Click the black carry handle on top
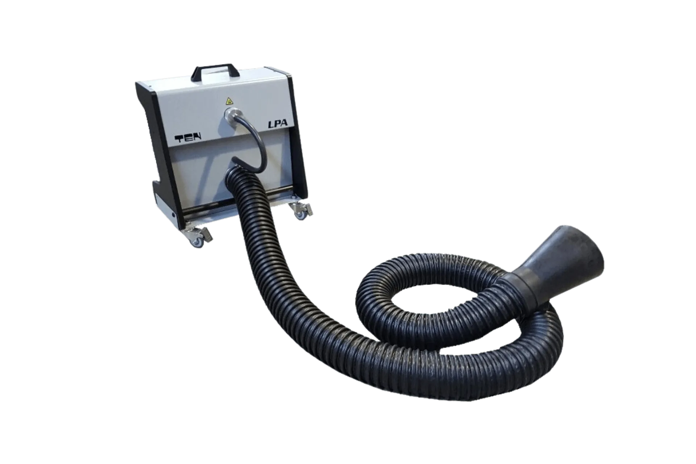216,69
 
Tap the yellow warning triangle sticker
229,100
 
